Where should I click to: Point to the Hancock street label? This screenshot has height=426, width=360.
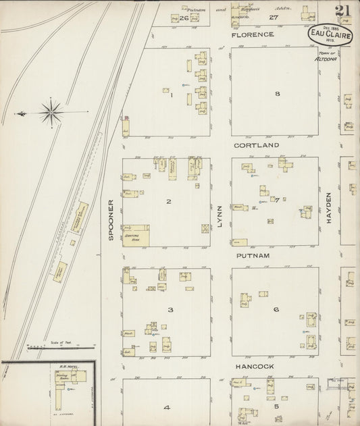(254, 366)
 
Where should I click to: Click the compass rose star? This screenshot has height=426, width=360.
(53, 110)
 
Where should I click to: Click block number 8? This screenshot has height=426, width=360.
(276, 94)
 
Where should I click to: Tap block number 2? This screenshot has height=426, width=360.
(168, 201)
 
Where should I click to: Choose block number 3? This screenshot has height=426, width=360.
(170, 310)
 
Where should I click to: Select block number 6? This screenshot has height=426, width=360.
(276, 310)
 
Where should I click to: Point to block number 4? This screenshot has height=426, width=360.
(165, 408)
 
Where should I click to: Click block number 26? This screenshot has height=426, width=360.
(184, 18)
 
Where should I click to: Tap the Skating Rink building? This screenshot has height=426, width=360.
(136, 235)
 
